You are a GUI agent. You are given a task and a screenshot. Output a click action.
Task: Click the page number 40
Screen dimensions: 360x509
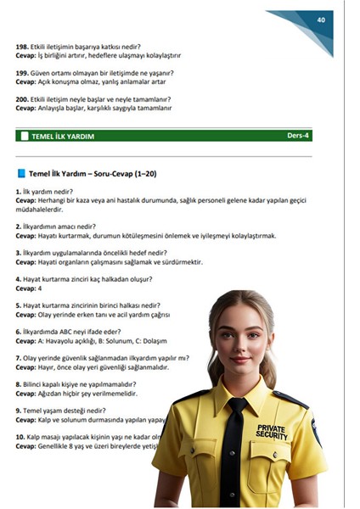[321, 20]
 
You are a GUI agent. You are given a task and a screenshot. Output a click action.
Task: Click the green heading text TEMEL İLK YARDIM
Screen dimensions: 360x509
[63, 136]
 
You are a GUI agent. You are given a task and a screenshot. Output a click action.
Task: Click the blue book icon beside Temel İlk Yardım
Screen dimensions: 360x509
[21, 173]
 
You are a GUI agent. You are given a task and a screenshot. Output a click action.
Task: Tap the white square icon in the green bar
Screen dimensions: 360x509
[25, 136]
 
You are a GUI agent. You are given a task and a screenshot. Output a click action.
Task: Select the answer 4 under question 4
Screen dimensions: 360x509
[41, 288]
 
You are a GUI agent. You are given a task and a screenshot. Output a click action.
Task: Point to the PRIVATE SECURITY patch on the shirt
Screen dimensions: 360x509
[271, 432]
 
